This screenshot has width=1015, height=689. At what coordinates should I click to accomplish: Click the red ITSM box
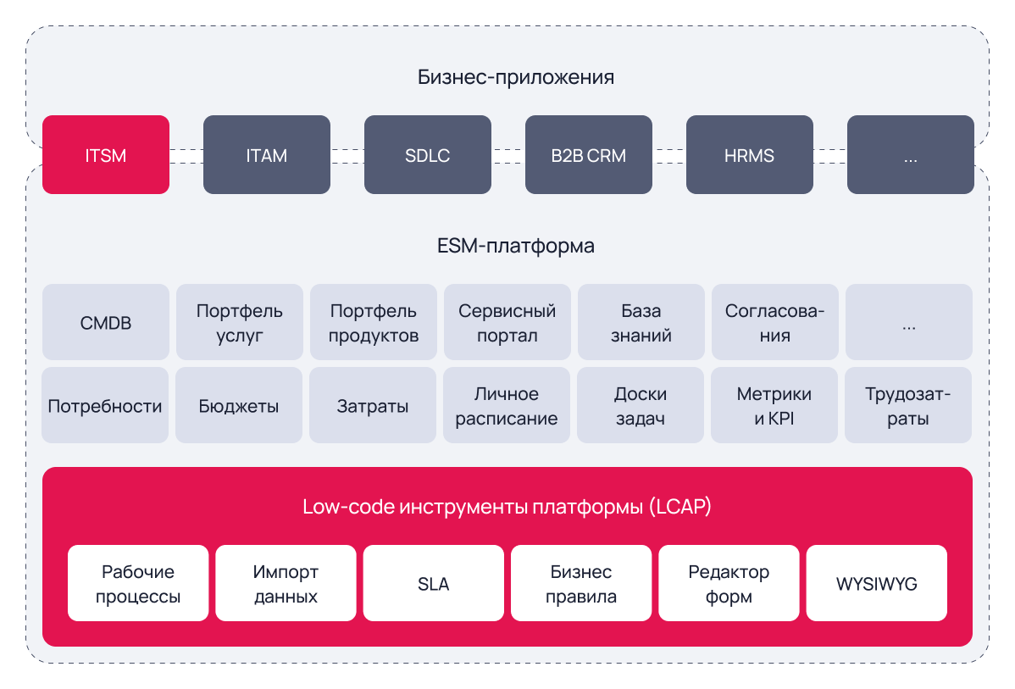click(x=106, y=155)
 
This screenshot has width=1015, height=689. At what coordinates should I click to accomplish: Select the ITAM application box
click(x=267, y=155)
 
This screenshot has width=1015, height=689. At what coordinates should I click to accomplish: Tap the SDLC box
click(x=428, y=155)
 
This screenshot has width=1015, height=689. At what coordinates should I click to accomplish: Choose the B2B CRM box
click(x=589, y=155)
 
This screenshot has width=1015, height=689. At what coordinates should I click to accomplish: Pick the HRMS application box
click(x=750, y=155)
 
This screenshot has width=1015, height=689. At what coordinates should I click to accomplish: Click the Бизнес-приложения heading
click(x=516, y=77)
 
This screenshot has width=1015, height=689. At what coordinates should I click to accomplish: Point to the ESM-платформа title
click(x=516, y=246)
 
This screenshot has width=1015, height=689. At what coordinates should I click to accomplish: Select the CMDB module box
click(x=106, y=322)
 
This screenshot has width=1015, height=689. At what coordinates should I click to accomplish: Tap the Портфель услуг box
click(x=240, y=322)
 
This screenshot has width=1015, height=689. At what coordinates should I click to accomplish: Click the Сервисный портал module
click(x=508, y=322)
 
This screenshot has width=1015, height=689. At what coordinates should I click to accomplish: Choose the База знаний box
click(x=641, y=322)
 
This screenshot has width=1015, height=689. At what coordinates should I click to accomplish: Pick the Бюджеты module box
click(x=239, y=405)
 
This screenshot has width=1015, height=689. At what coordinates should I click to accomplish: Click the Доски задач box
click(x=641, y=405)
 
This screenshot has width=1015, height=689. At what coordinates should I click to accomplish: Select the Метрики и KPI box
click(x=774, y=405)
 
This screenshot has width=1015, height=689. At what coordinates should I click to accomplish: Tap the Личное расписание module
click(x=507, y=405)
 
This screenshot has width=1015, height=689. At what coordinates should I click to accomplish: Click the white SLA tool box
click(x=434, y=583)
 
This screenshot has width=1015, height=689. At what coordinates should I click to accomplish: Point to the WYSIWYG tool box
click(x=876, y=583)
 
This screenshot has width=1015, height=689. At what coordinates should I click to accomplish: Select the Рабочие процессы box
click(x=138, y=583)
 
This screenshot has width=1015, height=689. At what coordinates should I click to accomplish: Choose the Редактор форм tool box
click(x=729, y=583)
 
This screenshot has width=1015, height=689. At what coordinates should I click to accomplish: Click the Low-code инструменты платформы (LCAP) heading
click(x=507, y=507)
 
